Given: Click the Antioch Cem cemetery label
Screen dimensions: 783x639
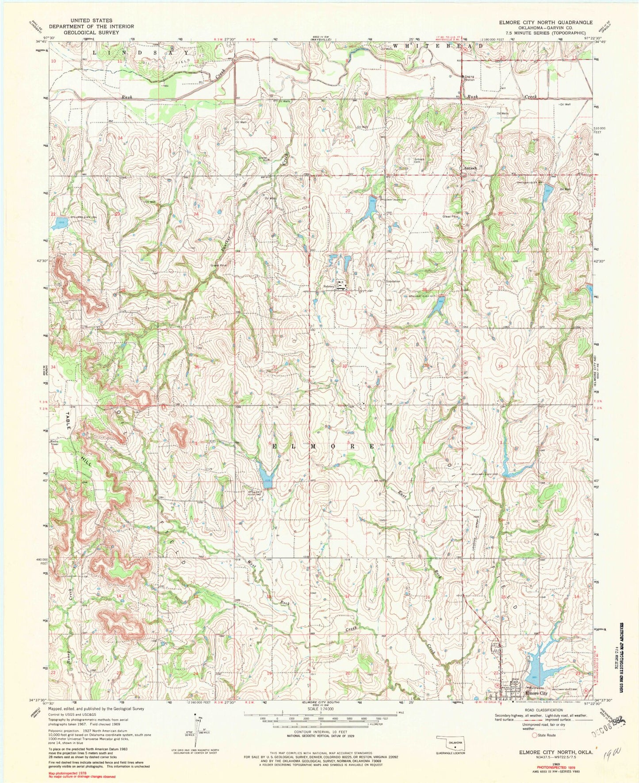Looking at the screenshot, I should [419, 160].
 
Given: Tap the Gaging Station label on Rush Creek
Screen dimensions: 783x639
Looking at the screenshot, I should [469, 78].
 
